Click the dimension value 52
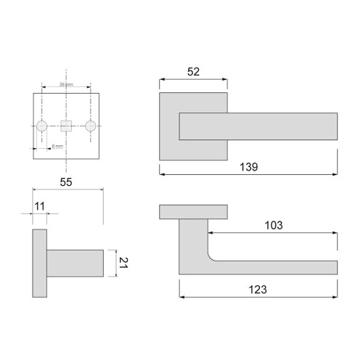click(192, 71)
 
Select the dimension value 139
click(249, 167)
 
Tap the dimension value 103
click(273, 225)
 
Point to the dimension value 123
click(258, 289)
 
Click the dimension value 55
click(66, 182)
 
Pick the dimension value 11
click(39, 207)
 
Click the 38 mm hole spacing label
click(66, 85)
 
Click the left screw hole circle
click(42, 126)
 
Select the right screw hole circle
click(91, 126)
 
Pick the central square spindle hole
click(66, 126)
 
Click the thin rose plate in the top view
click(193, 211)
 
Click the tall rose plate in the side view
click(40, 264)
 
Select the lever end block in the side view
click(76, 262)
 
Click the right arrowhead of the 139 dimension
click(335, 174)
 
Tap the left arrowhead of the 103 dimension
click(211, 233)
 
